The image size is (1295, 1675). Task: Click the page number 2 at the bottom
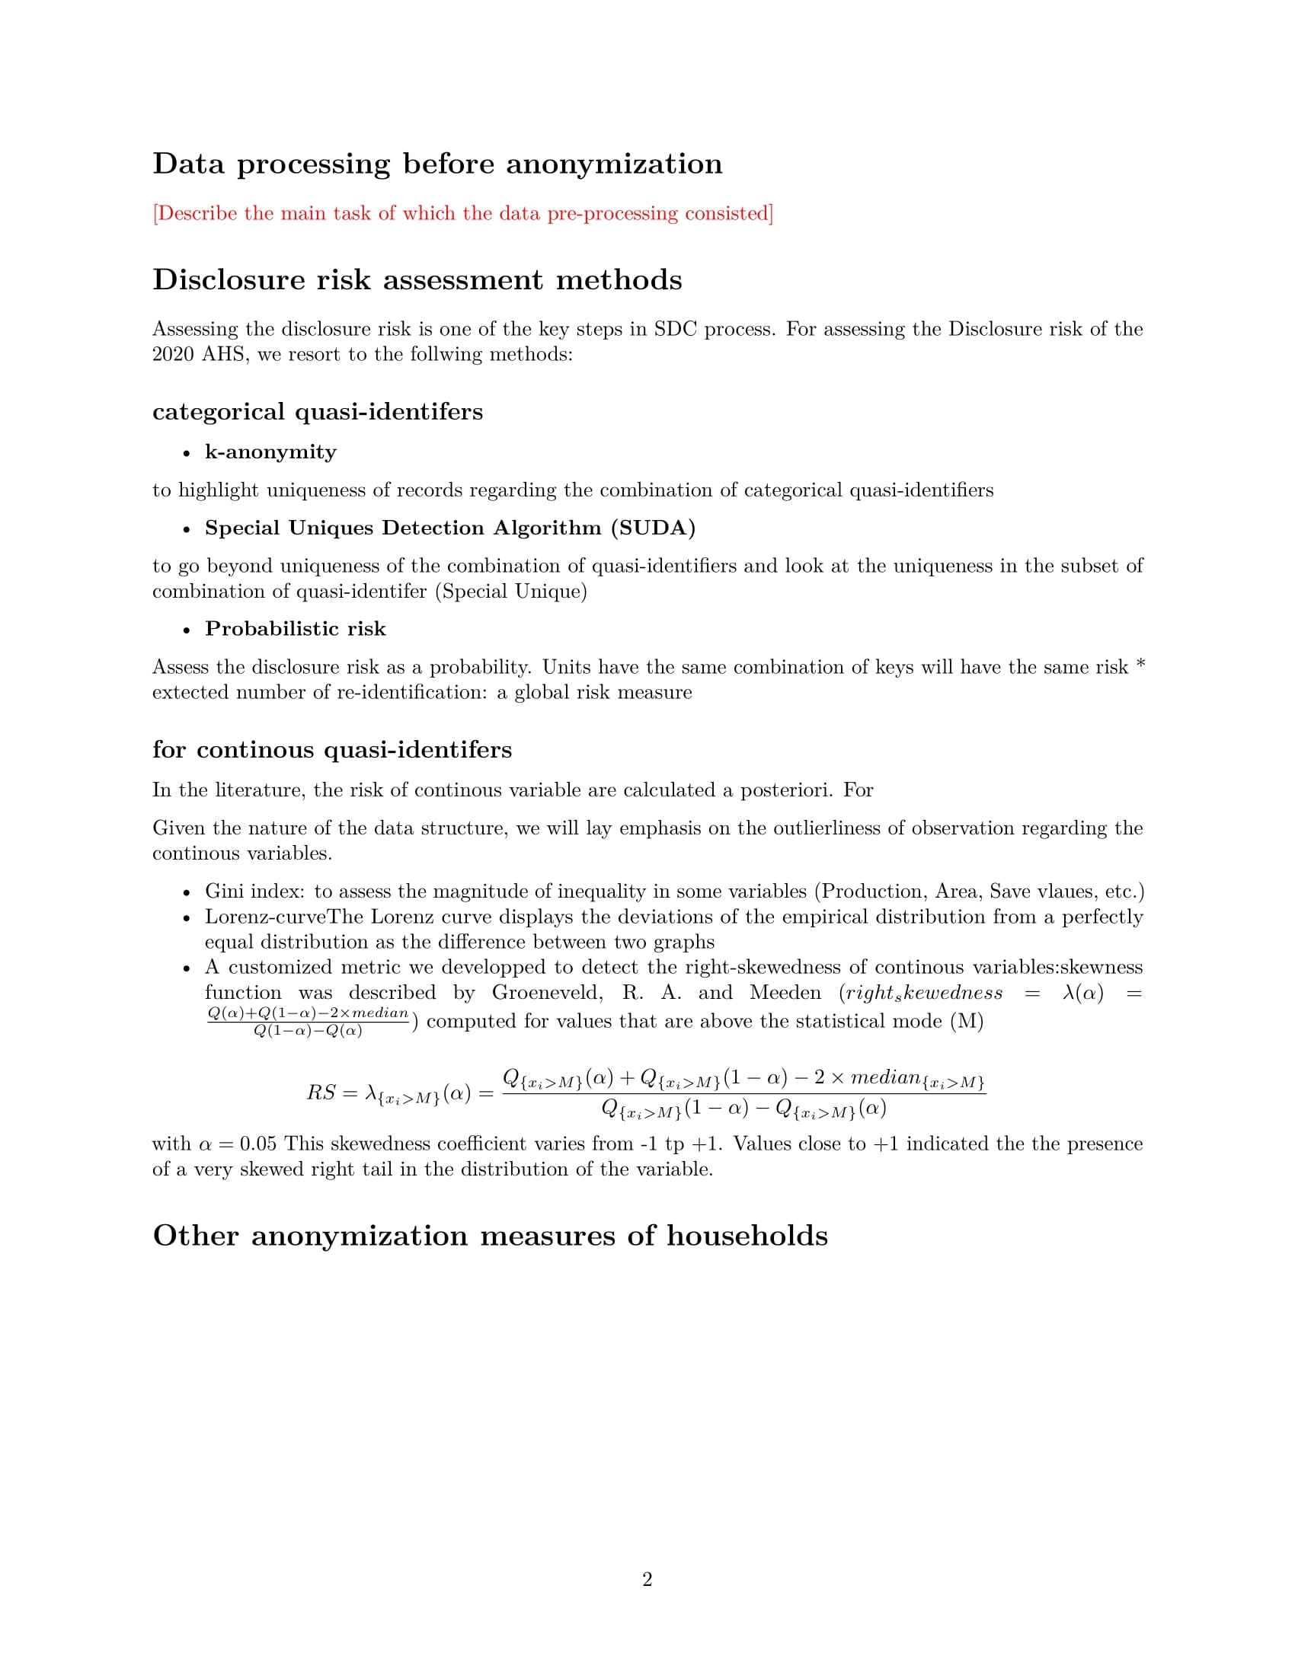pyautogui.click(x=647, y=1579)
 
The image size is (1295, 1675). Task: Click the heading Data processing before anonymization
pyautogui.click(x=437, y=164)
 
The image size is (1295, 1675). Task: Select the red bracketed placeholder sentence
pyautogui.click(x=462, y=213)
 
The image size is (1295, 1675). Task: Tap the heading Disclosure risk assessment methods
pyautogui.click(x=417, y=280)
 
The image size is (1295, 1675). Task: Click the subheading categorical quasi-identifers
pyautogui.click(x=318, y=412)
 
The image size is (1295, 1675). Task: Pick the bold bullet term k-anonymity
pyautogui.click(x=270, y=451)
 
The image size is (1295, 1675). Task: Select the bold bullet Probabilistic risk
pyautogui.click(x=296, y=629)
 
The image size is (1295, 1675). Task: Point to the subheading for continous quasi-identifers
pyautogui.click(x=331, y=749)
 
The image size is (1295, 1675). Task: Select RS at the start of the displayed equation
pyautogui.click(x=321, y=1093)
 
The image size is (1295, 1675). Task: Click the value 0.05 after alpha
pyautogui.click(x=257, y=1144)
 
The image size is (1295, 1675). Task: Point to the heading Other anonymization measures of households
pyautogui.click(x=491, y=1236)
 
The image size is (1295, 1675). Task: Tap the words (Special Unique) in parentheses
pyautogui.click(x=510, y=592)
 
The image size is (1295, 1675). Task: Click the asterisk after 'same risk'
pyautogui.click(x=1140, y=665)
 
